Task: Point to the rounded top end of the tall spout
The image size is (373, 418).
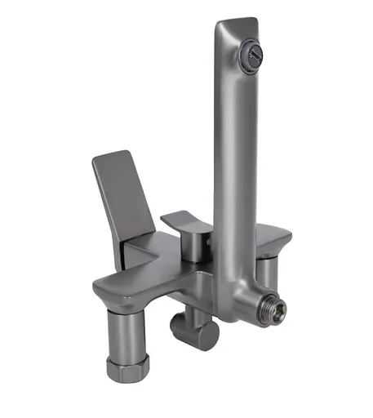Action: click(x=235, y=24)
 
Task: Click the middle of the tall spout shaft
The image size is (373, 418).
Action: click(x=234, y=163)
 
